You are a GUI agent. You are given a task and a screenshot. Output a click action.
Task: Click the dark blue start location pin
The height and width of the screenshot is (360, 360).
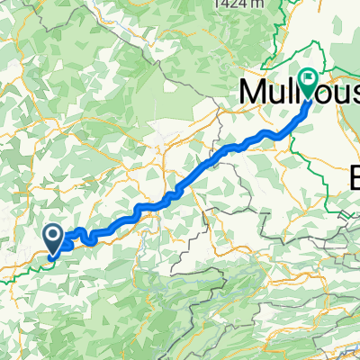[x=54, y=238]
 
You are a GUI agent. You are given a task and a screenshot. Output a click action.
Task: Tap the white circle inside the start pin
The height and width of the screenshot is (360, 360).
[x=54, y=236]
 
